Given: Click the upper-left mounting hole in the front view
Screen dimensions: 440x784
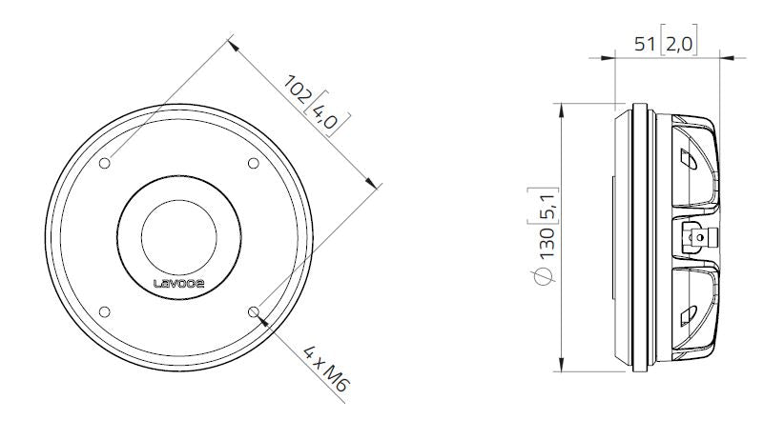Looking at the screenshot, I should pyautogui.click(x=105, y=163).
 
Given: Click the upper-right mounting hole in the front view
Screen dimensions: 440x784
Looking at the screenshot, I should pyautogui.click(x=253, y=163).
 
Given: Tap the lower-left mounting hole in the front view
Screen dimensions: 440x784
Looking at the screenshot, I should pyautogui.click(x=105, y=310).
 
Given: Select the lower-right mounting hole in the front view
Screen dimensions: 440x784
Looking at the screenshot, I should pyautogui.click(x=253, y=310).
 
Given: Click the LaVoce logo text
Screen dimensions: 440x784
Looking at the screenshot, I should pyautogui.click(x=178, y=282).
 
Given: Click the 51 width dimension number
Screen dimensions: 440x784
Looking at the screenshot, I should pyautogui.click(x=646, y=41).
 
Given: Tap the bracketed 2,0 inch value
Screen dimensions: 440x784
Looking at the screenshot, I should pyautogui.click(x=679, y=41).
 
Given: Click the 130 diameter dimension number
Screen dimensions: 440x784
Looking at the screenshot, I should pyautogui.click(x=547, y=245).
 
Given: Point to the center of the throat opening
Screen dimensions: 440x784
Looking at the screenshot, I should pyautogui.click(x=178, y=236).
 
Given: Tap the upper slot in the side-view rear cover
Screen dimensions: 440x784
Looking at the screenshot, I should pyautogui.click(x=690, y=157).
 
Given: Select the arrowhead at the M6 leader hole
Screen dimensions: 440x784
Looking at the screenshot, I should pyautogui.click(x=259, y=317).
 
